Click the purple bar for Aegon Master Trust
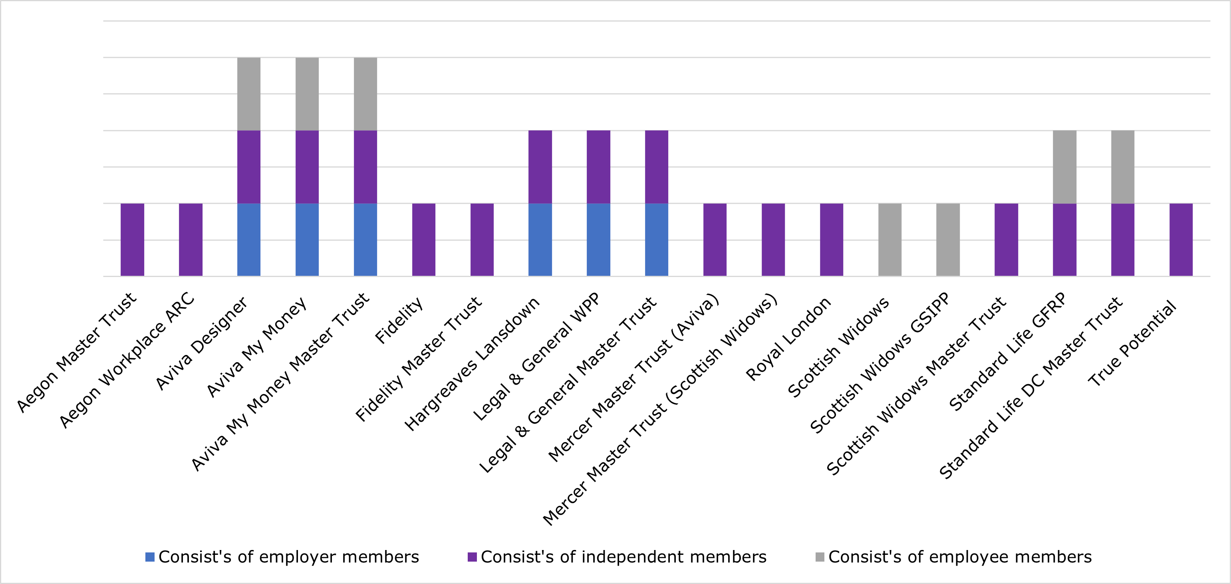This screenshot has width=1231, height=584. tap(132, 239)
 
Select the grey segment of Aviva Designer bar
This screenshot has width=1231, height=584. tap(249, 94)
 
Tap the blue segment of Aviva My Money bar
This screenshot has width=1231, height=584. tap(307, 239)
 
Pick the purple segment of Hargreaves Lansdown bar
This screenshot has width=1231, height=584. tap(540, 167)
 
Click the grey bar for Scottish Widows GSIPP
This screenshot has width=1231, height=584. tap(948, 239)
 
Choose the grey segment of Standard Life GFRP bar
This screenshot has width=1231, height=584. tap(1065, 167)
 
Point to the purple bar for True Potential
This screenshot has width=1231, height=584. tap(1181, 239)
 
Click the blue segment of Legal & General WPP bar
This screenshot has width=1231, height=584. tap(598, 239)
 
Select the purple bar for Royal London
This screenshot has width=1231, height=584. tap(832, 239)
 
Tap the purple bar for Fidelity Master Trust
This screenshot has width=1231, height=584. tap(482, 239)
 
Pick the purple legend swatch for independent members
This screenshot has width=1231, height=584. tap(472, 557)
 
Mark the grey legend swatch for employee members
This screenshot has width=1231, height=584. tap(820, 557)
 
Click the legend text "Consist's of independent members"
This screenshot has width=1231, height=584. tap(623, 557)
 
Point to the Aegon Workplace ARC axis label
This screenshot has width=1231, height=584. tap(127, 360)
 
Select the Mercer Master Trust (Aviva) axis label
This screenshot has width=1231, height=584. tap(633, 378)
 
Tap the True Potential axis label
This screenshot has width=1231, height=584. tap(1132, 343)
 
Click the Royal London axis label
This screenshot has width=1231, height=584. tap(788, 339)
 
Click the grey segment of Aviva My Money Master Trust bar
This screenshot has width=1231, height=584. tap(365, 94)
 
